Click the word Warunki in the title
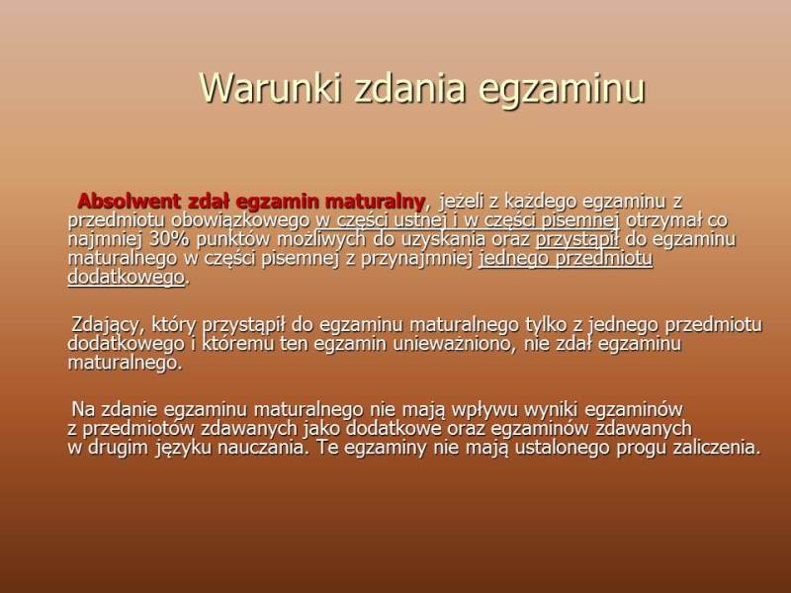pyautogui.click(x=270, y=88)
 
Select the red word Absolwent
pyautogui.click(x=130, y=202)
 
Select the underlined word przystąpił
pyautogui.click(x=577, y=239)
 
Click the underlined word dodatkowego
pyautogui.click(x=127, y=278)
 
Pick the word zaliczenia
pyautogui.click(x=717, y=448)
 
